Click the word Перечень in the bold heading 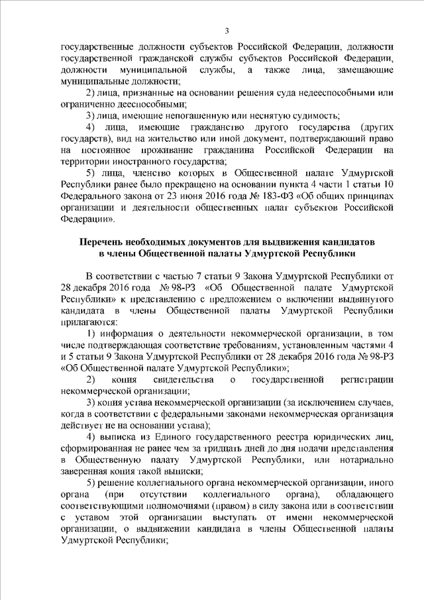pyautogui.click(x=105, y=243)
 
